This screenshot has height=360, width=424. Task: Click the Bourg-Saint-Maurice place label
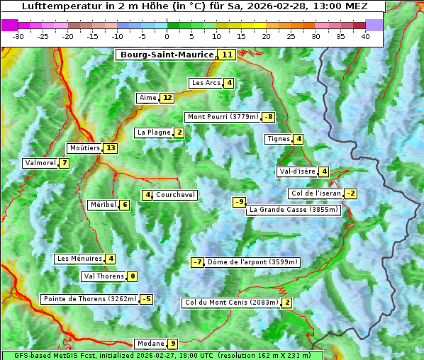coord(167,55)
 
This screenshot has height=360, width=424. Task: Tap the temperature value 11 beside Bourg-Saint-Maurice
coord(227,55)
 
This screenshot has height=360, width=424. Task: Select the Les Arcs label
coord(206,83)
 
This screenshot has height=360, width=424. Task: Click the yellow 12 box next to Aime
coord(167,98)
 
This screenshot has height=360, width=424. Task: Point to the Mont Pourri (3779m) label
coord(222,117)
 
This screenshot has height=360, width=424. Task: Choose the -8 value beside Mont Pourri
coord(268,117)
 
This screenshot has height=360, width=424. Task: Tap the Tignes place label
coord(278,139)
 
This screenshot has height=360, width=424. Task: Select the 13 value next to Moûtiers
coord(110,148)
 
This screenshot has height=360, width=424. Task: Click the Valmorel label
coord(39,163)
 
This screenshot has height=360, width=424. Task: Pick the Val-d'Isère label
coord(296,171)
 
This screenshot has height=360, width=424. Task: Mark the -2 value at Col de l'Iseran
coord(350,193)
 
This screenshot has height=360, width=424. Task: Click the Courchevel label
coord(175,195)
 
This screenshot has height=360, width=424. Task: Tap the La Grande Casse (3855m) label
coord(294,210)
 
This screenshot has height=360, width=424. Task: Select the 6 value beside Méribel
coord(125,205)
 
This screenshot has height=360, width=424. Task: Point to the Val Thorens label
coord(104,276)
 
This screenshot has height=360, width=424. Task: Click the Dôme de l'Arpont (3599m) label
coord(252,262)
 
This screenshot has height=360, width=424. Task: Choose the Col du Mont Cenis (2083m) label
coord(230,303)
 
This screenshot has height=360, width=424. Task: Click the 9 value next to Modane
coord(172,344)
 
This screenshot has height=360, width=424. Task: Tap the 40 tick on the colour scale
coord(364,36)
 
